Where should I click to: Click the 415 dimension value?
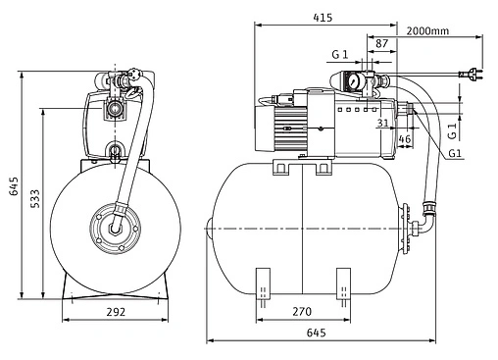tap(323, 17)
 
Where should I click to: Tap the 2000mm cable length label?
tap(427, 31)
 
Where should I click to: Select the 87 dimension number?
tap(381, 43)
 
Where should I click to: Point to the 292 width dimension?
tap(116, 312)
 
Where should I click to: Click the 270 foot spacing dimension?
tap(302, 312)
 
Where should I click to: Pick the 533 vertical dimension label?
tap(35, 198)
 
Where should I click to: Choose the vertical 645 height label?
tap(14, 186)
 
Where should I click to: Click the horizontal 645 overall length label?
tap(317, 333)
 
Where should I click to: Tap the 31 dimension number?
tap(383, 123)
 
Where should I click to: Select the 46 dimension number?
tap(405, 139)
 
